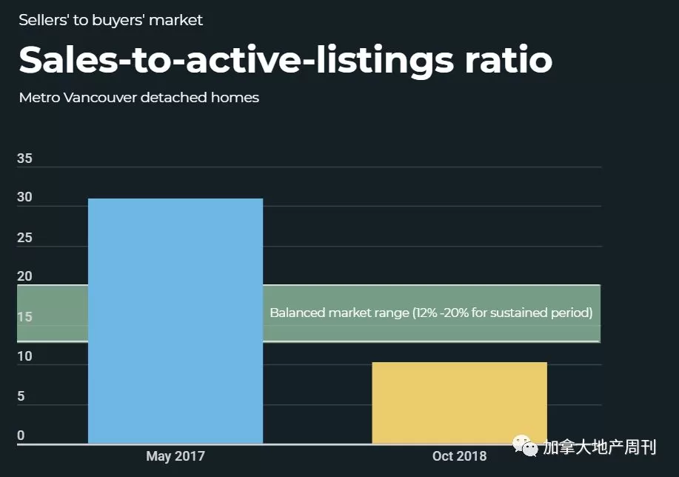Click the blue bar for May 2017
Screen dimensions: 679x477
175,321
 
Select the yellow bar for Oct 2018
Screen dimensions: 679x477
459,403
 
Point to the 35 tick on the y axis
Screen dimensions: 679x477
24,159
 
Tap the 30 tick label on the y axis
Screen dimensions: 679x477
24,197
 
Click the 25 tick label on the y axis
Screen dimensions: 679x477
24,238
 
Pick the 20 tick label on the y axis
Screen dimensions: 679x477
24,276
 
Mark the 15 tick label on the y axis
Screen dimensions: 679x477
24,317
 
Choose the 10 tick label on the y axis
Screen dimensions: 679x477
24,356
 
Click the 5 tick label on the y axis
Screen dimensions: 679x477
21,396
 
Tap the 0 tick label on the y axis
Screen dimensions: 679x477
21,436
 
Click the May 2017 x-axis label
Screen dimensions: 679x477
175,456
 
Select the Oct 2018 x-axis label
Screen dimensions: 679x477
459,456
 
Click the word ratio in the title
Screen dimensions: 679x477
509,59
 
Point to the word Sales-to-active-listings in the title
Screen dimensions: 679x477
236,61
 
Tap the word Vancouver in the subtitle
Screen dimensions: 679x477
100,98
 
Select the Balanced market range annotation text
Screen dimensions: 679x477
431,313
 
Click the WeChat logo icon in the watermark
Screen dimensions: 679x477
525,446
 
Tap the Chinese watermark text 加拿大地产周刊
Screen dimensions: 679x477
600,447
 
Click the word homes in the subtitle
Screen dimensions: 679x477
235,98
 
